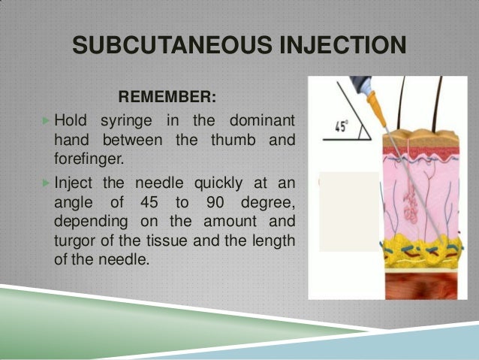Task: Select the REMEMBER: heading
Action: (167, 97)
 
